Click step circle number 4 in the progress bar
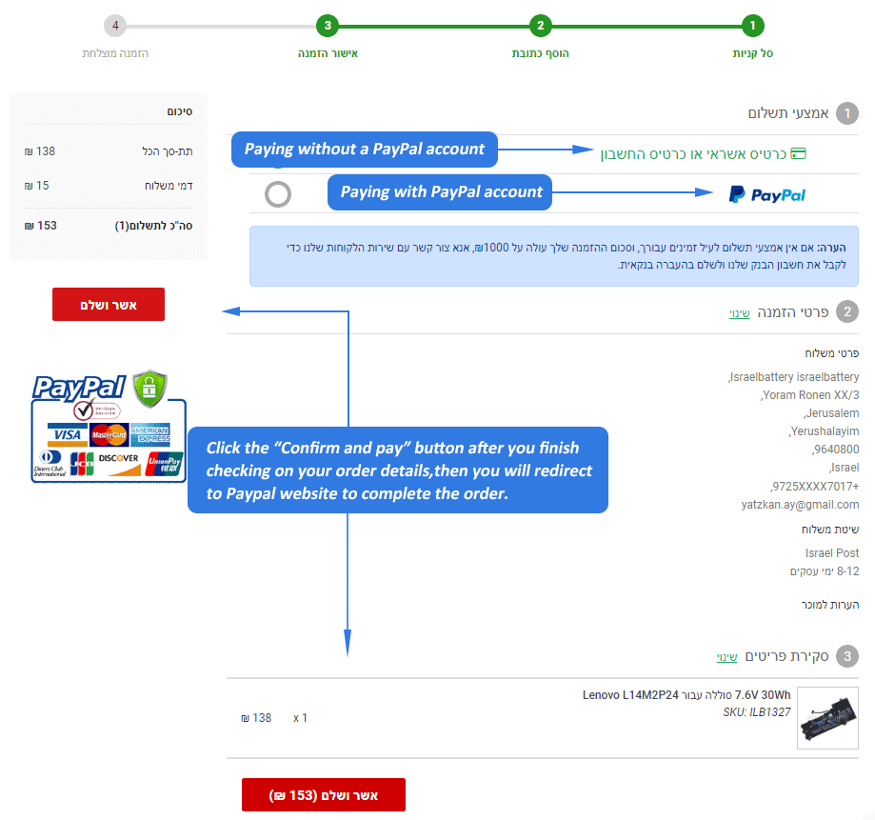(x=115, y=26)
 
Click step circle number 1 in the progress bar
(x=753, y=26)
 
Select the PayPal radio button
(x=278, y=194)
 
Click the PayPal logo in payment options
(x=767, y=195)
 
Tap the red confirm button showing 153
(x=324, y=794)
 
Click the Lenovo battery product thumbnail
(x=827, y=718)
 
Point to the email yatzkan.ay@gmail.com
(x=800, y=505)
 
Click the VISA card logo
(x=68, y=435)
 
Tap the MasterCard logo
(x=109, y=435)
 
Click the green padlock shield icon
(x=149, y=388)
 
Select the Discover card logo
(x=118, y=463)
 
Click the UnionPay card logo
(x=164, y=463)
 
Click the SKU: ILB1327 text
(x=757, y=712)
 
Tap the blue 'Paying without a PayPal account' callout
(x=365, y=149)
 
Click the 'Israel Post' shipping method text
(x=832, y=553)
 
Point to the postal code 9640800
(x=835, y=450)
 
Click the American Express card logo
(x=150, y=435)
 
